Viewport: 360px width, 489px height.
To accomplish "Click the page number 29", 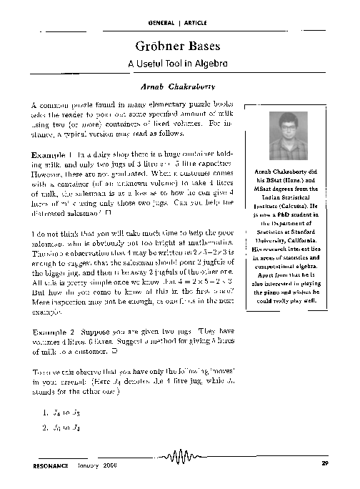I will point(326,466).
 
